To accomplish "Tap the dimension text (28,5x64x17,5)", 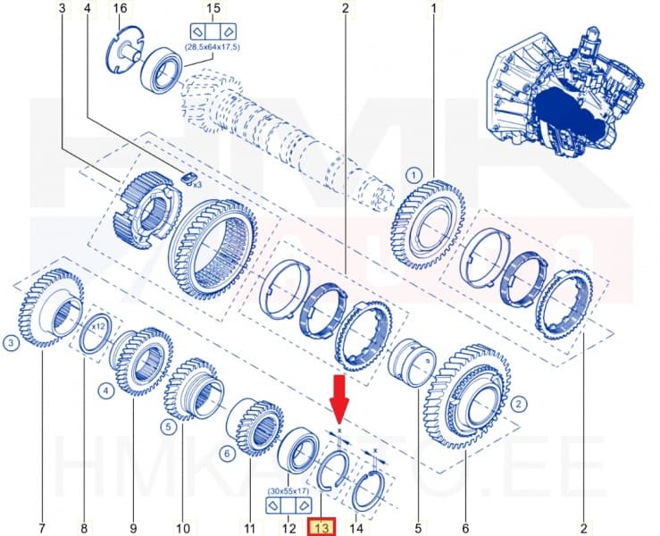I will pos(213,46).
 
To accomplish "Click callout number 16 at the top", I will pos(120,10).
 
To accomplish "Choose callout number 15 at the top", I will pos(213,10).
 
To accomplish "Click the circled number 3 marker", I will pos(11,343).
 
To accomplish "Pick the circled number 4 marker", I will pos(104,390).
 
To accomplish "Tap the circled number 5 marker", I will pos(167,427).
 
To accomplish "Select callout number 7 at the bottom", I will pos(41,528).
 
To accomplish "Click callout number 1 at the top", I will pos(434,10).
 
